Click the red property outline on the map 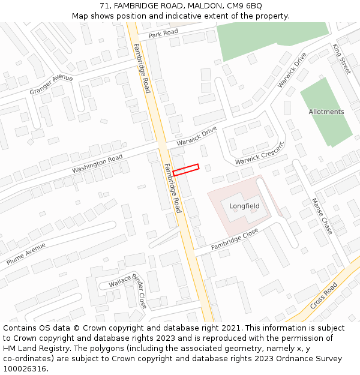click(186, 170)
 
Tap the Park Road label click(163, 32)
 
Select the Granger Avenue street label click(51, 85)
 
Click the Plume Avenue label click(26, 254)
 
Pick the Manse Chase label click(322, 216)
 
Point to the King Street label click(341, 58)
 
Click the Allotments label click(326, 112)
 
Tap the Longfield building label click(244, 206)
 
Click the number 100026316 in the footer click(25, 369)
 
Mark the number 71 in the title click(103, 5)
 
